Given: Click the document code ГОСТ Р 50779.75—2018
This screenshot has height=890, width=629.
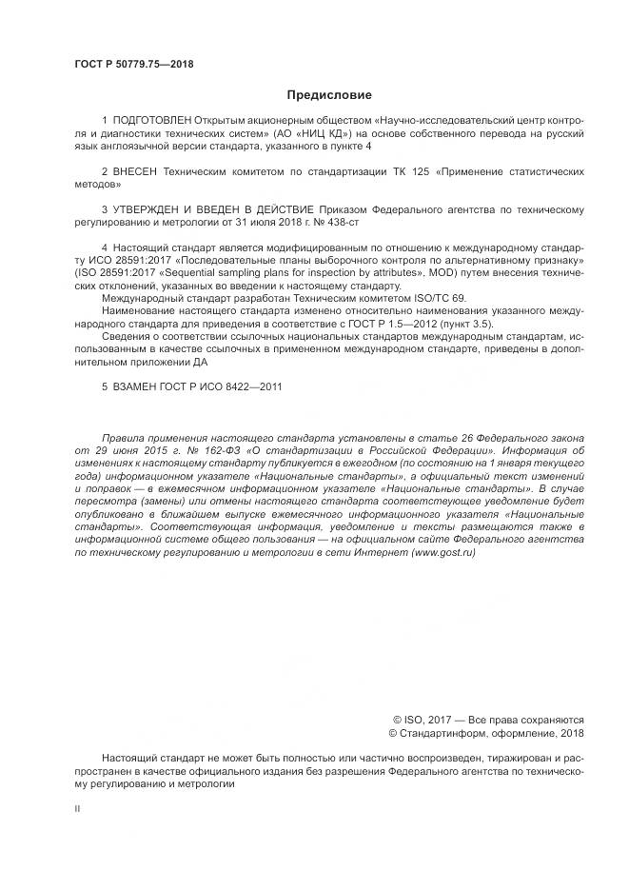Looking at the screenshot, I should (133, 65).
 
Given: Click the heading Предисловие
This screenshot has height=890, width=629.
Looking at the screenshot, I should (329, 95).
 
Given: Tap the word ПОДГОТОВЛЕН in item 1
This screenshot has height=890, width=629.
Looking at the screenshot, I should (152, 121).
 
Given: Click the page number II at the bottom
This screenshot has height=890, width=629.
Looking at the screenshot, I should (77, 810).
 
